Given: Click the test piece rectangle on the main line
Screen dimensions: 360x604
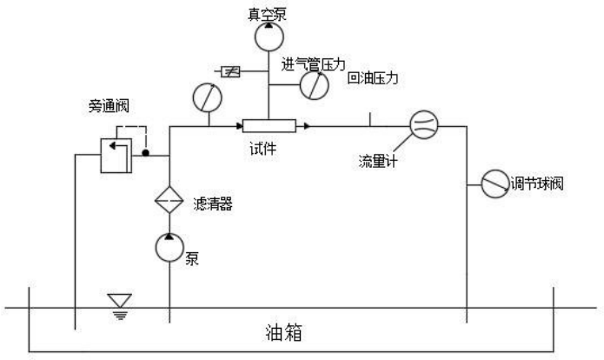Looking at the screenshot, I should click(x=269, y=126).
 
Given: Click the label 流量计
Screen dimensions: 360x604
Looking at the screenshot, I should click(x=378, y=160).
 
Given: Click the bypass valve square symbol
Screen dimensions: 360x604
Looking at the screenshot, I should click(x=116, y=154).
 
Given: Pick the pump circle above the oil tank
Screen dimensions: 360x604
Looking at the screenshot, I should click(x=169, y=248).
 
